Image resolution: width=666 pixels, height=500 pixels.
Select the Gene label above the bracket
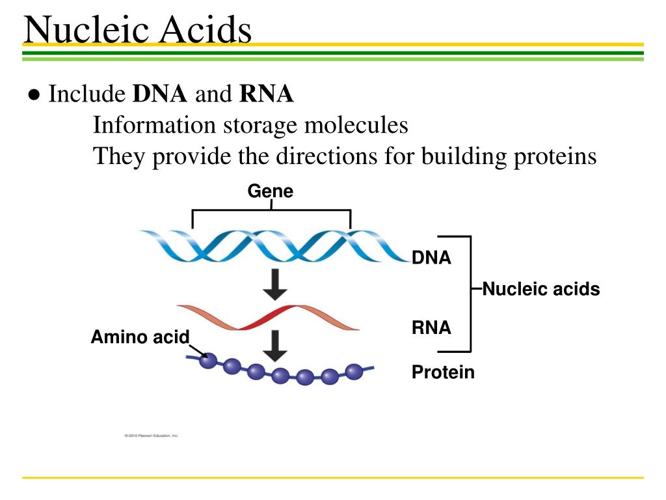click(270, 191)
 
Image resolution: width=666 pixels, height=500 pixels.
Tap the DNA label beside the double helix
click(431, 258)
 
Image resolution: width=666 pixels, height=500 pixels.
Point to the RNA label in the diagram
click(431, 327)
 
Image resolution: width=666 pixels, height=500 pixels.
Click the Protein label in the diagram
click(443, 372)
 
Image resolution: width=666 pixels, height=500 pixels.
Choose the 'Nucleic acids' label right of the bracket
click(541, 289)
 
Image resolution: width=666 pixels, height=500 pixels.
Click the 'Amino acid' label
click(140, 337)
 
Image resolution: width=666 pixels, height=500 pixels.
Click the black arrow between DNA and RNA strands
click(276, 285)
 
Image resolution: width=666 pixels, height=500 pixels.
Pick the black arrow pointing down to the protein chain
click(276, 345)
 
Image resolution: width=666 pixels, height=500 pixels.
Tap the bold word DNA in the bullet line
click(160, 95)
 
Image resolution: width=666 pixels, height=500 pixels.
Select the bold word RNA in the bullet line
click(267, 95)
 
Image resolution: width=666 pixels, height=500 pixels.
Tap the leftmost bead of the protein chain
click(207, 360)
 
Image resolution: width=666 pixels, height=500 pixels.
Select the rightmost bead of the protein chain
click(354, 371)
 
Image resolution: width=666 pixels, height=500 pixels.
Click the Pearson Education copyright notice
click(151, 435)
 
